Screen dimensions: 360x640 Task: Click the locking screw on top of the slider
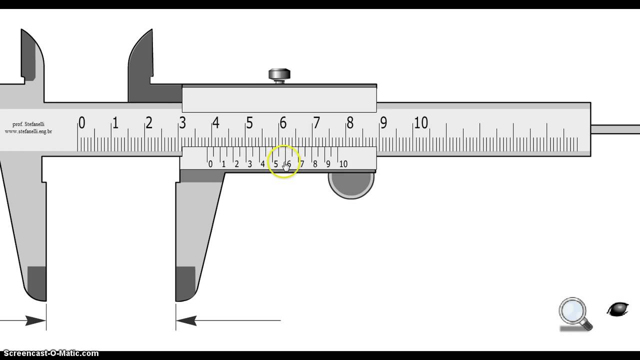click(279, 75)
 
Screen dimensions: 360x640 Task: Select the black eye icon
click(618, 309)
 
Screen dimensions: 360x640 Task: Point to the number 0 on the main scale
click(81, 122)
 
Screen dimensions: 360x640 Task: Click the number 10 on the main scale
click(420, 122)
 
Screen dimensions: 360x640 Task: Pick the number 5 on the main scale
click(249, 122)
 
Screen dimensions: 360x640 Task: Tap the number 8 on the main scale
click(349, 122)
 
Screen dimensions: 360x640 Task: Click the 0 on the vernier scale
click(210, 164)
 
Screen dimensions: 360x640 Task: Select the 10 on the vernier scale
click(343, 164)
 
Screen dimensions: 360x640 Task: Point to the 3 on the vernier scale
click(249, 164)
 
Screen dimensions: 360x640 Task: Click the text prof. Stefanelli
click(29, 124)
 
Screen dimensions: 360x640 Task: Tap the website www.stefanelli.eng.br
click(28, 131)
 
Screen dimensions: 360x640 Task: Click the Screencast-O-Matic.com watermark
click(49, 353)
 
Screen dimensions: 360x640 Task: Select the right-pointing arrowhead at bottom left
click(35, 320)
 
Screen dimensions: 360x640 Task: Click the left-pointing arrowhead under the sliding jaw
click(186, 320)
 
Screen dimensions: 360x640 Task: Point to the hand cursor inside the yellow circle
click(286, 166)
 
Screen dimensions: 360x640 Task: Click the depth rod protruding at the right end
click(615, 129)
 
